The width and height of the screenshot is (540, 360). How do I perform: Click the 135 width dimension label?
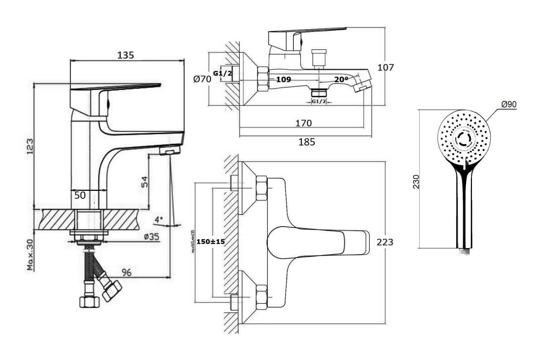pos(126,55)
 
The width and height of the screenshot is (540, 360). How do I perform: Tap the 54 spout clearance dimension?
pos(143,182)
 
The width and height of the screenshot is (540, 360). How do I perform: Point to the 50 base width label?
pos(80,195)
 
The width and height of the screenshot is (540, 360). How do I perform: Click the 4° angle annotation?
pos(159,219)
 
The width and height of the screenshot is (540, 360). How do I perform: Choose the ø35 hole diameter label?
pos(151,237)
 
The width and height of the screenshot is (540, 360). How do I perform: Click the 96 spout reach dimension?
pos(126,272)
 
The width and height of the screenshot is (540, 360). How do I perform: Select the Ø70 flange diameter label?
pos(202,79)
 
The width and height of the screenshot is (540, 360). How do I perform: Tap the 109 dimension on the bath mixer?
pos(283,79)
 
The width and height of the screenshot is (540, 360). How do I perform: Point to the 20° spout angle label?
pos(341,80)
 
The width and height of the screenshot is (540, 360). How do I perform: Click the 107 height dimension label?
pos(386,67)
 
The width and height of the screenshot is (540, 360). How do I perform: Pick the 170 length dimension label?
pos(303,123)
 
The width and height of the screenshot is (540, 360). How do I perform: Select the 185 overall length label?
pos(307,142)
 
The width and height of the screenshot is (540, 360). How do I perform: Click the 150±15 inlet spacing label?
pos(211,242)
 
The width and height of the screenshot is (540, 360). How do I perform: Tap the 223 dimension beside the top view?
pos(385,242)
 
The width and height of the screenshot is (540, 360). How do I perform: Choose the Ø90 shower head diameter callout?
pos(509,104)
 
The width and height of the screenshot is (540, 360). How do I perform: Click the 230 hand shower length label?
pos(416,182)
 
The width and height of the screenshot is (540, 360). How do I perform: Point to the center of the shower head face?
pos(464,138)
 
